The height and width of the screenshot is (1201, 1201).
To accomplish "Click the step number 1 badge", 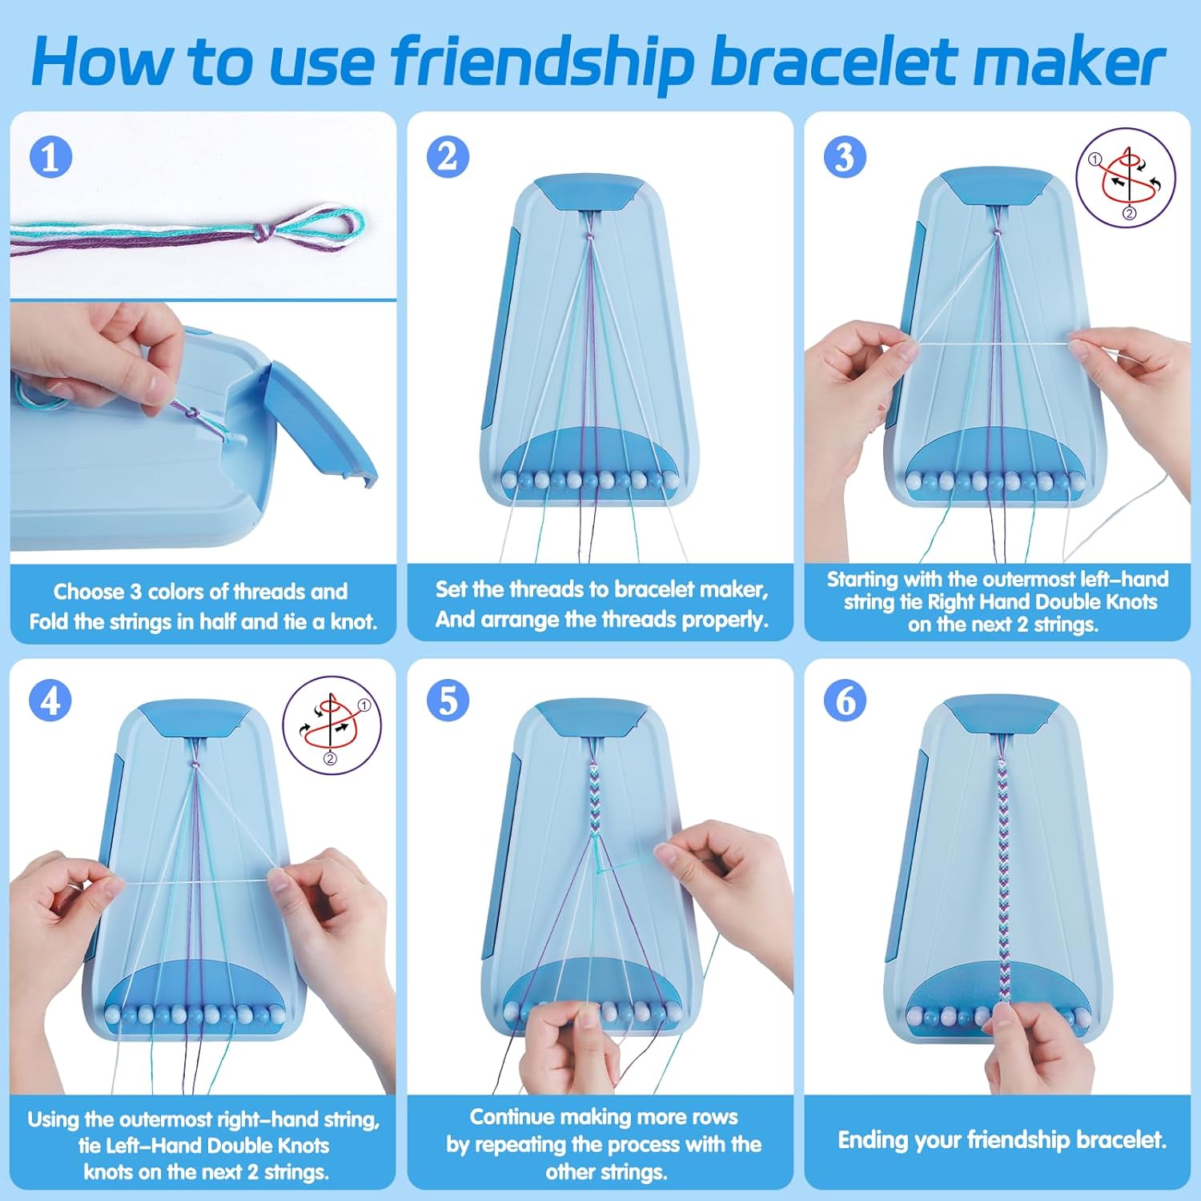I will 50,157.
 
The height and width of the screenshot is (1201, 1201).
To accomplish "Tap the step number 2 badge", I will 448,157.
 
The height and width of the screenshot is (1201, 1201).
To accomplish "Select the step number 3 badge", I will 845,157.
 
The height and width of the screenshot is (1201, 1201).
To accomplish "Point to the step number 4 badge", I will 50,701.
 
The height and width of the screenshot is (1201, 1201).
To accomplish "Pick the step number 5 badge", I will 448,701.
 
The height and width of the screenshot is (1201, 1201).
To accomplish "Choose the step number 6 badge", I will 845,701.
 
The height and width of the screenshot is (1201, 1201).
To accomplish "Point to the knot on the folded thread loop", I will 262,232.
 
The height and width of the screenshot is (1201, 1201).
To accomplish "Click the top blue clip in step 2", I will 588,193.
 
